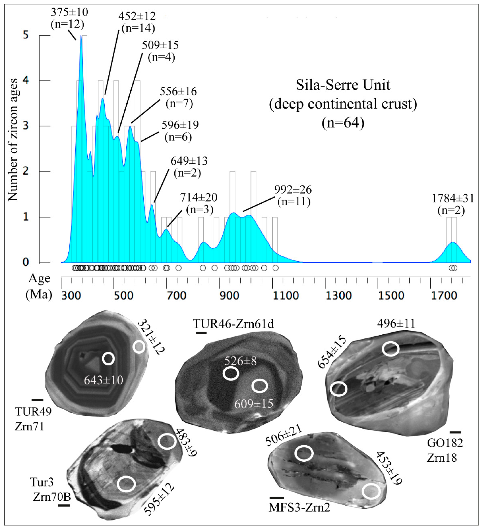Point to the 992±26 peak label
click(x=293, y=190)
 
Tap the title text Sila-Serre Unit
click(x=343, y=85)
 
